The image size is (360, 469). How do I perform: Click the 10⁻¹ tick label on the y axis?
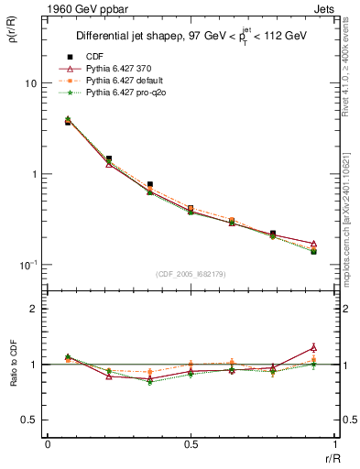pos(27,265)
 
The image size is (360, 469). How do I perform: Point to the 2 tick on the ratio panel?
pos(34,309)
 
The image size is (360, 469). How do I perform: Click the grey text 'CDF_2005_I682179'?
pos(191,273)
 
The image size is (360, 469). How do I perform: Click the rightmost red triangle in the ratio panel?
pos(313,347)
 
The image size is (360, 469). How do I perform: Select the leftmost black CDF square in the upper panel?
pos(68,122)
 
